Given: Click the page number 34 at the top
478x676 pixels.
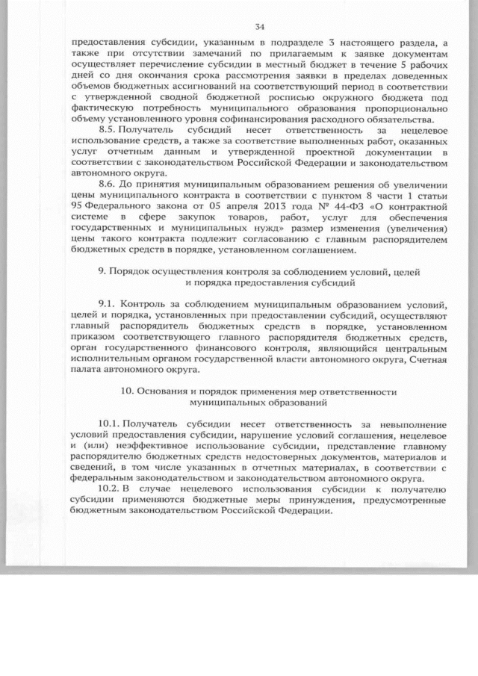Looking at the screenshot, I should click(x=259, y=27).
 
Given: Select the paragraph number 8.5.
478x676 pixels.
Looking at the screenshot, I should click(x=109, y=129).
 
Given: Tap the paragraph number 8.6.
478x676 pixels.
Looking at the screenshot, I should click(x=109, y=182).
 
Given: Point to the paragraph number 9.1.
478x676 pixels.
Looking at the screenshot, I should click(x=108, y=305).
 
